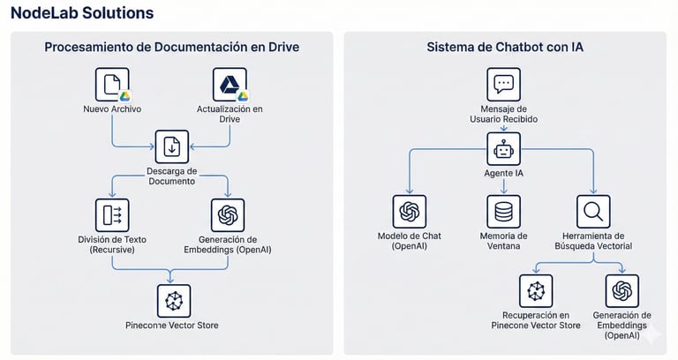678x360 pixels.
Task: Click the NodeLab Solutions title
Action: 82,13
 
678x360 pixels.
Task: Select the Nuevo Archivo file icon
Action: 112,85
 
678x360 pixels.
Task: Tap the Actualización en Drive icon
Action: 230,85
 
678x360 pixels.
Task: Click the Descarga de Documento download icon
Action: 172,146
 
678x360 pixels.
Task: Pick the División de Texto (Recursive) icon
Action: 112,215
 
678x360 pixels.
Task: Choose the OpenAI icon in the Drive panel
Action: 228,215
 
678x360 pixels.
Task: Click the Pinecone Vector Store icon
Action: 173,301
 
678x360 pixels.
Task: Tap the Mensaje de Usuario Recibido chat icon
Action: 504,85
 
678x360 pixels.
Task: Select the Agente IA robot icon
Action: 504,149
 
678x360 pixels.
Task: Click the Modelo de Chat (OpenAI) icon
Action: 409,212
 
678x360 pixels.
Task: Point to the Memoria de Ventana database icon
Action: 504,212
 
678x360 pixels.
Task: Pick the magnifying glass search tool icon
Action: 593,212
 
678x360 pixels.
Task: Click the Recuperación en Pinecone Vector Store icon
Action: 536,291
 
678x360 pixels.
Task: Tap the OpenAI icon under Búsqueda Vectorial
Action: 622,291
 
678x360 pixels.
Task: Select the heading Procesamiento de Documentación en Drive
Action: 172,47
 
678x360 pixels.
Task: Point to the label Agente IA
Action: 504,173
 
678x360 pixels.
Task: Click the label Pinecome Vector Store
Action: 172,326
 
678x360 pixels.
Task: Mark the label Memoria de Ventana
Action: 504,241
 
